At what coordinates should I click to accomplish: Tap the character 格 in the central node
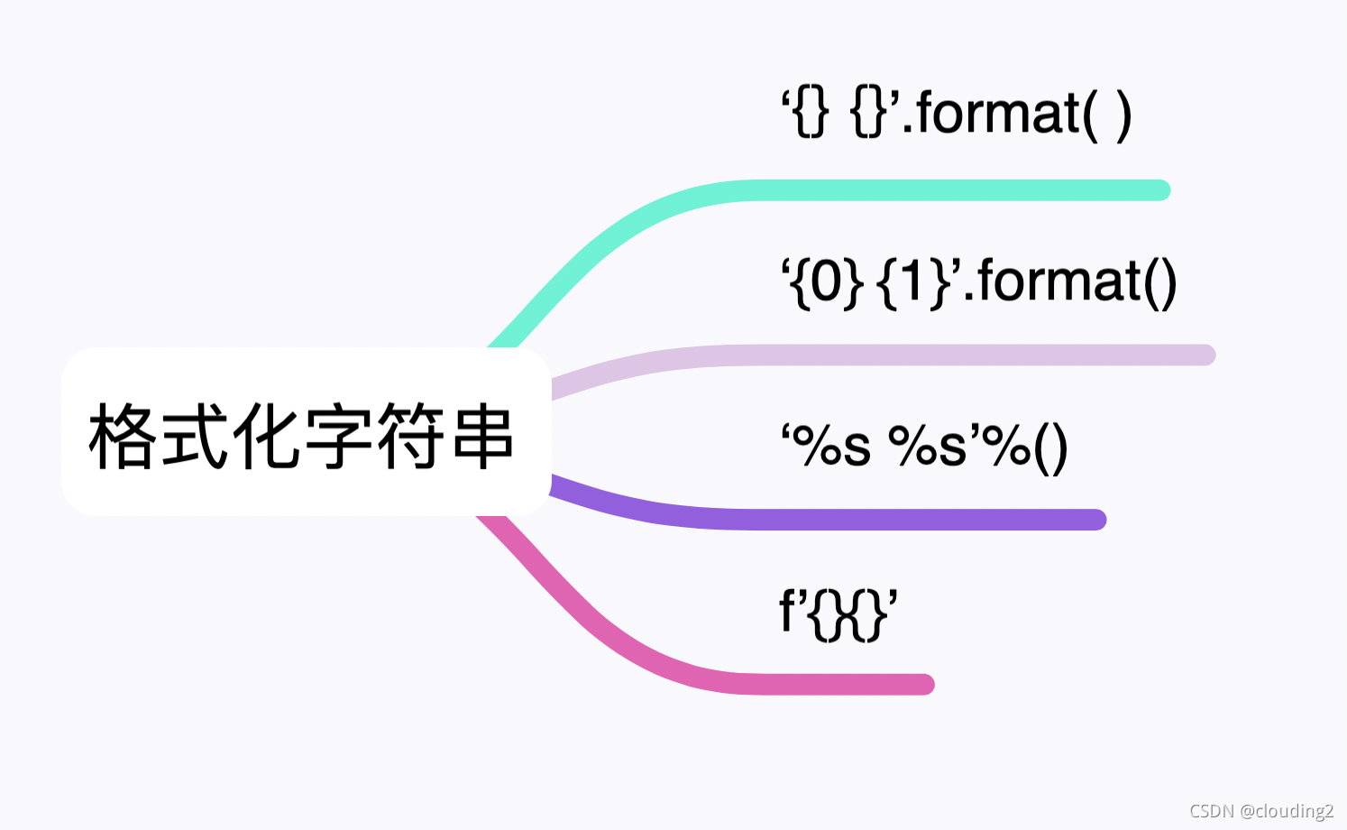pyautogui.click(x=124, y=437)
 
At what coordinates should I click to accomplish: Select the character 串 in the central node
pyautogui.click(x=483, y=437)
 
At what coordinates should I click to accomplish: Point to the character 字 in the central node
pyautogui.click(x=340, y=437)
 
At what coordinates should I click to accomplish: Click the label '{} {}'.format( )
pyautogui.click(x=956, y=115)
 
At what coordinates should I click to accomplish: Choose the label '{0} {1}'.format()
pyautogui.click(x=979, y=281)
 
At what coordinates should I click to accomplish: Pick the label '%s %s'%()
pyautogui.click(x=924, y=446)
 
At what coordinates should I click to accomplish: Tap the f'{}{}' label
pyautogui.click(x=838, y=613)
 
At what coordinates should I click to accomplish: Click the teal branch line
pyautogui.click(x=947, y=190)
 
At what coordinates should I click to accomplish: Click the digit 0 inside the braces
pyautogui.click(x=826, y=281)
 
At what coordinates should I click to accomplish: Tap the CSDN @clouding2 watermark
pyautogui.click(x=1260, y=810)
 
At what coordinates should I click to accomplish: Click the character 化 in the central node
pyautogui.click(x=267, y=437)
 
